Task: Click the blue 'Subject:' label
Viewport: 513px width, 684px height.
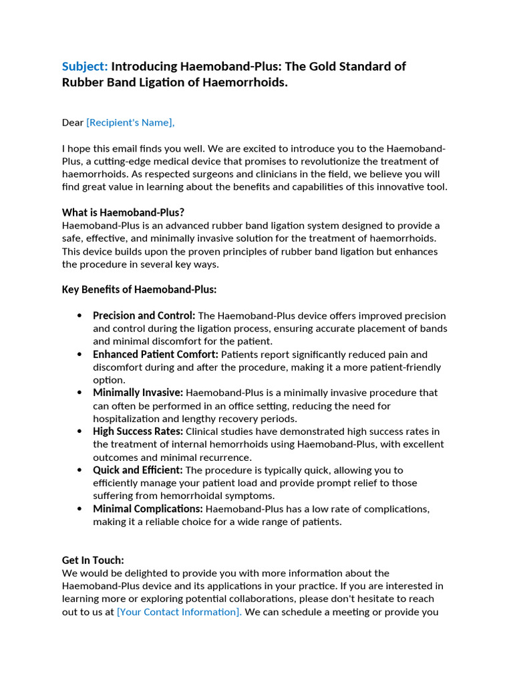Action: click(85, 66)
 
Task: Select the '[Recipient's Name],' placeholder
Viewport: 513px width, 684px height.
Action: click(130, 122)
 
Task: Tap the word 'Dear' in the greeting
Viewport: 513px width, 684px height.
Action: click(73, 122)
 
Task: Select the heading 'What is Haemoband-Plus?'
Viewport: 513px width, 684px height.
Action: click(123, 212)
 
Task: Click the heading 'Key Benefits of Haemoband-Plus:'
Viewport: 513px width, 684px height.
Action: click(139, 289)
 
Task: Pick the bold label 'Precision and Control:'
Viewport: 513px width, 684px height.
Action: click(144, 315)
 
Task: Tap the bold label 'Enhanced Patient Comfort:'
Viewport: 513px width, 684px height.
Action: click(155, 354)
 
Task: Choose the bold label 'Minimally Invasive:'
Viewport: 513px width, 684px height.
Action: click(138, 393)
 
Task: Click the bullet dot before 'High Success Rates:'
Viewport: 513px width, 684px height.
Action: click(80, 432)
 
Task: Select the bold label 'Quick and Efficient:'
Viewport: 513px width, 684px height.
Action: click(138, 470)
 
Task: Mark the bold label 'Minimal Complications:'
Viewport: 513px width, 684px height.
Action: click(148, 509)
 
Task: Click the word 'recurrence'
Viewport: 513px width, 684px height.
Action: click(224, 458)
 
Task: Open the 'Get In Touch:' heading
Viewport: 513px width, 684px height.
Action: click(93, 560)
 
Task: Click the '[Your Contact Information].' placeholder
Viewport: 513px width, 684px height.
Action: click(179, 612)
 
